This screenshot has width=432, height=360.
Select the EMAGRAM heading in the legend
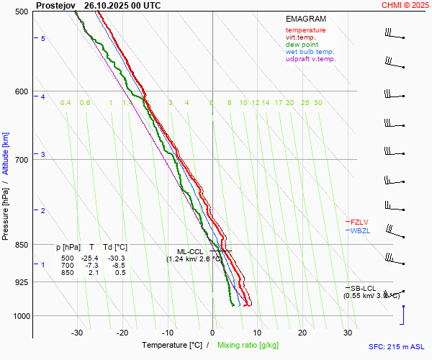pyautogui.click(x=305, y=18)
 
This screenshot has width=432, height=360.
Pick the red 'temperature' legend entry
pyautogui.click(x=305, y=30)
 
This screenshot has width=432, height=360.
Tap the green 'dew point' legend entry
pyautogui.click(x=302, y=45)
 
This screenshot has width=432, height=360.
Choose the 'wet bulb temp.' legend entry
pyautogui.click(x=310, y=52)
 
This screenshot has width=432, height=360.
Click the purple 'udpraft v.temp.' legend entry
pyautogui.click(x=310, y=59)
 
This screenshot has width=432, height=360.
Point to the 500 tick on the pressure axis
pyautogui.click(x=21, y=12)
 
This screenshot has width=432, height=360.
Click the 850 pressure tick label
pyautogui.click(x=21, y=245)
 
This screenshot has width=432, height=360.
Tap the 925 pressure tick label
pyautogui.click(x=21, y=282)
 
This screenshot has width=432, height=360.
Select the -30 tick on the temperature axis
pyautogui.click(x=77, y=333)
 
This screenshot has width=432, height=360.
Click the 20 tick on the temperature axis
pyautogui.click(x=302, y=333)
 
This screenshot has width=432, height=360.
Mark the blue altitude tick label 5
pyautogui.click(x=42, y=38)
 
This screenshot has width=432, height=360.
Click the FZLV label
pyautogui.click(x=360, y=222)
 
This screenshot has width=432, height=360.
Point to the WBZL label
pyautogui.click(x=360, y=231)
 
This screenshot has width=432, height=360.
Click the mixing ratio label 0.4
pyautogui.click(x=66, y=103)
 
